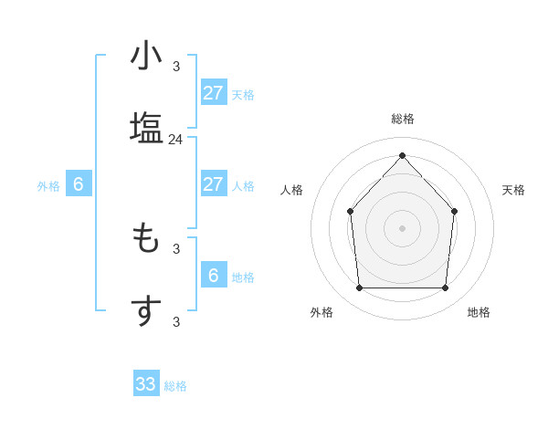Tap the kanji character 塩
[146, 127]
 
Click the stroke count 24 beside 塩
[176, 140]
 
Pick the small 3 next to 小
[176, 66]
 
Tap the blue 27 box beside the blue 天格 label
[214, 93]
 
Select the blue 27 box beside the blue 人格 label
[214, 184]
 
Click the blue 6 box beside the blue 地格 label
[214, 276]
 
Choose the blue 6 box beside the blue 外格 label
[79, 184]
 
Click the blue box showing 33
[146, 384]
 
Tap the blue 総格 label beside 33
[175, 386]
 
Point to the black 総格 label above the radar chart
[403, 119]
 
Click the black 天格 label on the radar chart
[513, 190]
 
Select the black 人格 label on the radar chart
[292, 190]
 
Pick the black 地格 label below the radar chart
[479, 312]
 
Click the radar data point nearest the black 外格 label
[359, 288]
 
